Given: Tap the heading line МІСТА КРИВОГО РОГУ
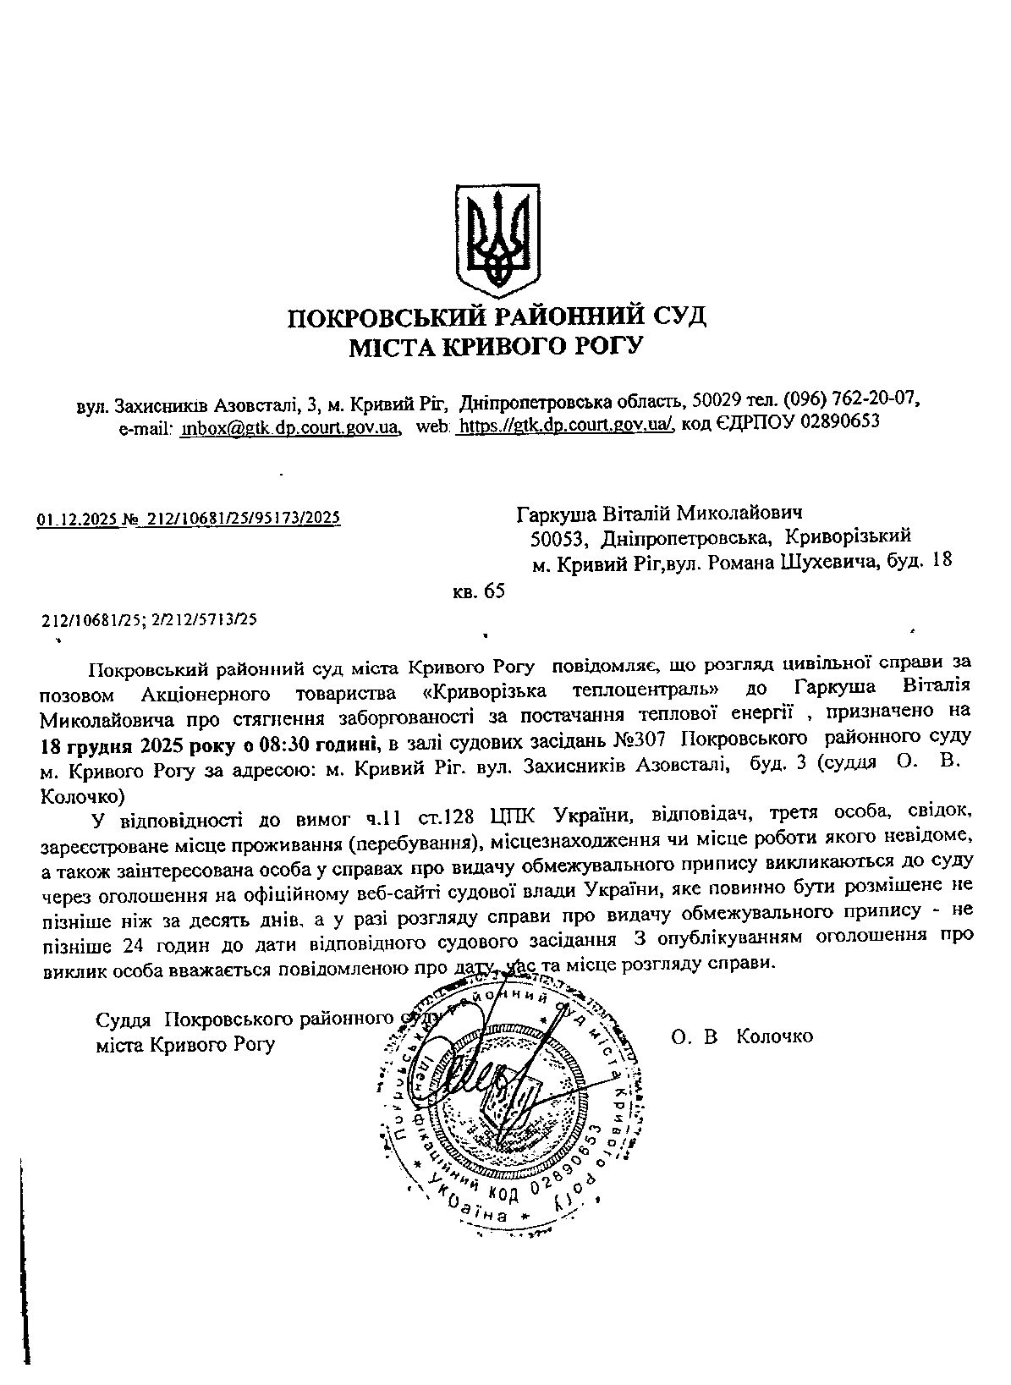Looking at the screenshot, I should pyautogui.click(x=497, y=345).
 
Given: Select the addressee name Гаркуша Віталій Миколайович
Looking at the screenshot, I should pyautogui.click(x=659, y=513).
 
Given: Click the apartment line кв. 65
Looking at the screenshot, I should pyautogui.click(x=479, y=591).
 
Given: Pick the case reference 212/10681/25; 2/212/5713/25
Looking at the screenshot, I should pyautogui.click(x=149, y=619).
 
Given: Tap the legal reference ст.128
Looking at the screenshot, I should pyautogui.click(x=449, y=817).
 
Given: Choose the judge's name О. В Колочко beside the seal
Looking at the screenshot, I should pyautogui.click(x=742, y=1036).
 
